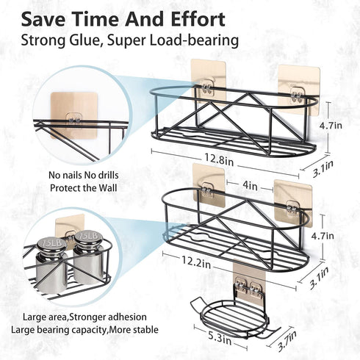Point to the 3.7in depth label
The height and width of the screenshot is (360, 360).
[x=287, y=341]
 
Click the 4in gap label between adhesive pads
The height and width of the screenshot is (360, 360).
[x=250, y=186]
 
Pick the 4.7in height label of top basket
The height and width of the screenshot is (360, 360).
[x=331, y=126]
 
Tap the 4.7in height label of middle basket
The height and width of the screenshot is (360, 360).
[x=323, y=236]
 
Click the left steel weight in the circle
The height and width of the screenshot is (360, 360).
[x=51, y=264]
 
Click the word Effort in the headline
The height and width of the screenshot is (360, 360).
[x=198, y=20]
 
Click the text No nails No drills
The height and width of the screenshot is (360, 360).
[x=84, y=176]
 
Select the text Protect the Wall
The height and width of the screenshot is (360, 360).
[x=84, y=188]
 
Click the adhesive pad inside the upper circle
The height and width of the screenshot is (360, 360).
[x=74, y=115]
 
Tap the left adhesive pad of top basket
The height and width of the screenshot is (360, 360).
[x=208, y=80]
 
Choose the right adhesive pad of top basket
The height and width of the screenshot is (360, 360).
[x=299, y=90]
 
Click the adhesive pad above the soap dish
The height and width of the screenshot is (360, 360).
[x=249, y=277]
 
